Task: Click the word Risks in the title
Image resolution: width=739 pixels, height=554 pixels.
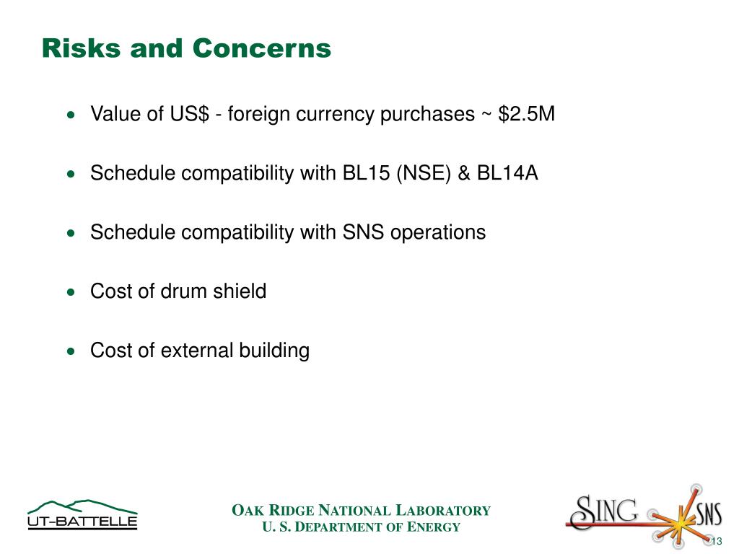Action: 82,48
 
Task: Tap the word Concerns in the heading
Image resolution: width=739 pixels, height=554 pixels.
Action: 261,48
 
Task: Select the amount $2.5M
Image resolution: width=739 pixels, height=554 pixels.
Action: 526,114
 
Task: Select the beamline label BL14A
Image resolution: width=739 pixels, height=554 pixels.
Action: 507,173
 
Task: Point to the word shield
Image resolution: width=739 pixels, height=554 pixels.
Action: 240,291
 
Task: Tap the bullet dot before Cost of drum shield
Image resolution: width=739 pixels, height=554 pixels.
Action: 71,292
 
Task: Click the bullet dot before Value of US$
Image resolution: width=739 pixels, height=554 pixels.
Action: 71,115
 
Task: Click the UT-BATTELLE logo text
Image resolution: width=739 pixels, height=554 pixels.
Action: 82,521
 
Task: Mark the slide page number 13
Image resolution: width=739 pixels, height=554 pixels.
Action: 717,541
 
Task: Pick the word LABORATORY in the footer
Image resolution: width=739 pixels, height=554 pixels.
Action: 443,511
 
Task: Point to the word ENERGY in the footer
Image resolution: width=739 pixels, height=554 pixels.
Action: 433,527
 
